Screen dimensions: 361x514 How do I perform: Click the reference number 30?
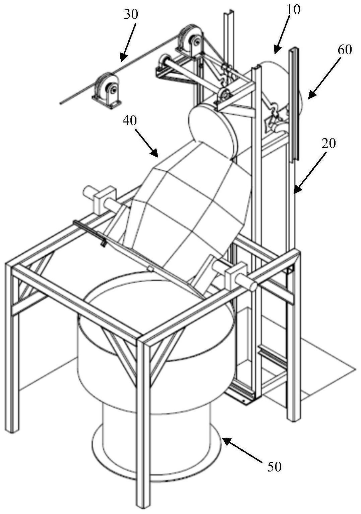tap(131, 15)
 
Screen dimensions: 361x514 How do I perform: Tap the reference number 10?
tap(293, 10)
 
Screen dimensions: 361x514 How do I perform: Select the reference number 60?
tap(345, 50)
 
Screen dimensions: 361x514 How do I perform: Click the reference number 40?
tap(130, 120)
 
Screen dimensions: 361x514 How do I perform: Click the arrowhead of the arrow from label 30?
tap(122, 60)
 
